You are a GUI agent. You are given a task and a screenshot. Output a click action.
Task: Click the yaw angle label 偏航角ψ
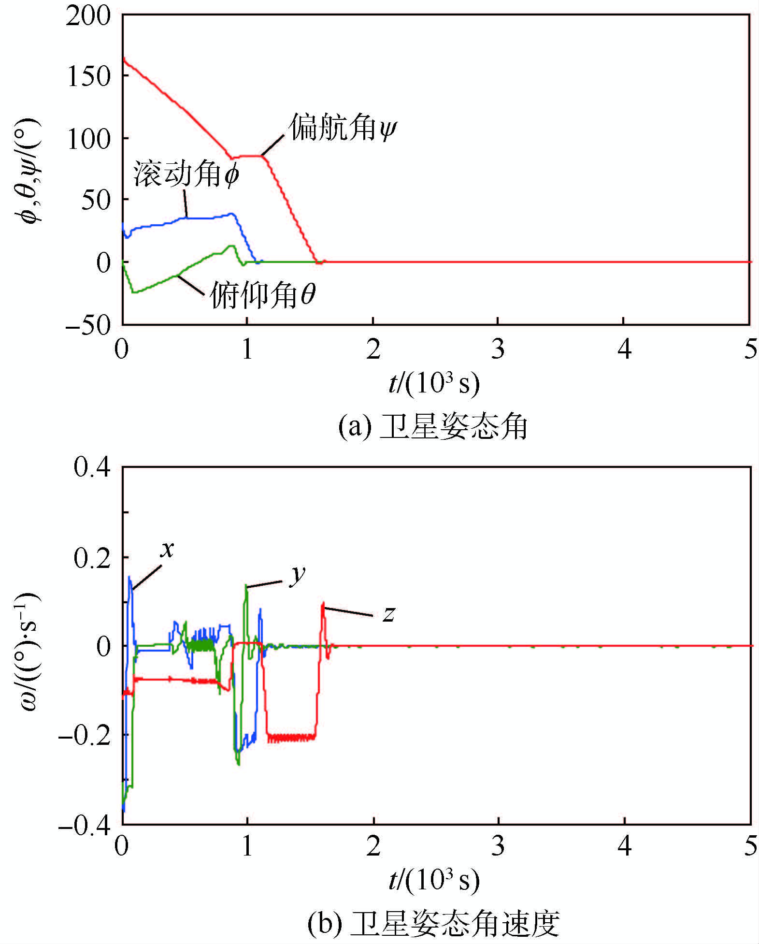(343, 128)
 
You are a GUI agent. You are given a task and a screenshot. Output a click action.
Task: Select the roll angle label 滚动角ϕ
(186, 174)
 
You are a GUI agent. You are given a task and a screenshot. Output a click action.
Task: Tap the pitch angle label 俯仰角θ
(263, 294)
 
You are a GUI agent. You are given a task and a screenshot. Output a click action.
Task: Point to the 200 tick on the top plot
(89, 16)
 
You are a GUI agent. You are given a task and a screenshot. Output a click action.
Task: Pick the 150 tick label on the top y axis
(89, 77)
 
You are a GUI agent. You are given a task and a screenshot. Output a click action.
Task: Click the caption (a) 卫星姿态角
(433, 427)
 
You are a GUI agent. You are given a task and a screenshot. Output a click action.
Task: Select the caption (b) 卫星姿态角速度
(433, 923)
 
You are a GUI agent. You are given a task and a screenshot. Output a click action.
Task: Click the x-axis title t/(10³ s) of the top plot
(434, 384)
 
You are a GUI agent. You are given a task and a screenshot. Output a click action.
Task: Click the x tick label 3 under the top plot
(498, 349)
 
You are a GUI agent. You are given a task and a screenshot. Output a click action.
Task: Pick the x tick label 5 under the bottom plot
(750, 846)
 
